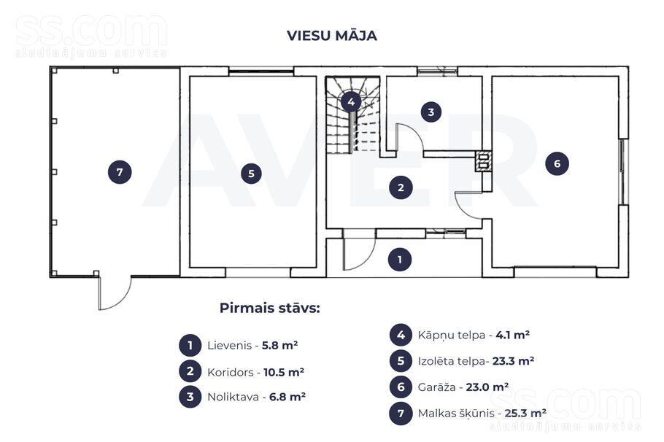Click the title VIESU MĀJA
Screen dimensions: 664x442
pyautogui.click(x=331, y=35)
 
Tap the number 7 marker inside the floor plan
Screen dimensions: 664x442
pyautogui.click(x=120, y=172)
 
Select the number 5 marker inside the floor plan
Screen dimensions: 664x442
pyautogui.click(x=251, y=174)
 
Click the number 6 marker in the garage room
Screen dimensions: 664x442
pyautogui.click(x=557, y=163)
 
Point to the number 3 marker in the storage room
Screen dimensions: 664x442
pyautogui.click(x=431, y=112)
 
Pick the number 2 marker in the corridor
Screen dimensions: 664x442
pyautogui.click(x=401, y=187)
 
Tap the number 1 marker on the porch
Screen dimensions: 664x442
pyautogui.click(x=400, y=260)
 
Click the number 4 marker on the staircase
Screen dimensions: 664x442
pyautogui.click(x=351, y=101)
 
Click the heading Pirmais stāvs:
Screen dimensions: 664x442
pyautogui.click(x=270, y=308)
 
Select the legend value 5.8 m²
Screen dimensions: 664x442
pyautogui.click(x=280, y=346)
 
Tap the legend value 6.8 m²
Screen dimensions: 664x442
pyautogui.click(x=287, y=397)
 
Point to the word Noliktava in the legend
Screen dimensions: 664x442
pyautogui.click(x=232, y=397)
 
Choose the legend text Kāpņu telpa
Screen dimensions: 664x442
pyautogui.click(x=452, y=336)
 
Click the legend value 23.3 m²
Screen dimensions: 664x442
pyautogui.click(x=513, y=361)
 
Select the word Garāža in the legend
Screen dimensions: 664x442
pyautogui.click(x=436, y=387)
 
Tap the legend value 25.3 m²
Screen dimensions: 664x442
pyautogui.click(x=525, y=413)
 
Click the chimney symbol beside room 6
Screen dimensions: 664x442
pyautogui.click(x=483, y=161)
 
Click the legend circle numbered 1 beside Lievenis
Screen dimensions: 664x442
pyautogui.click(x=190, y=346)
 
